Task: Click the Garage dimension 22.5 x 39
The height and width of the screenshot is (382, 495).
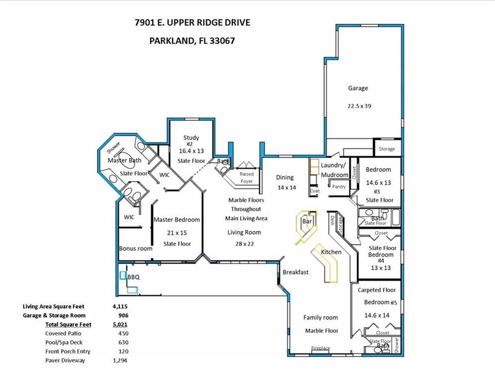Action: point(359,106)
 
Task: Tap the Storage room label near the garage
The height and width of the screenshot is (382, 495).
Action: point(387,149)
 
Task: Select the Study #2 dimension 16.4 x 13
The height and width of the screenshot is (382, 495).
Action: point(192,151)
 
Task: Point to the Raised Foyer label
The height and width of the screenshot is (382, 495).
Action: point(247,178)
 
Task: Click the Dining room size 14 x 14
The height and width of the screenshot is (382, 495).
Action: point(287,188)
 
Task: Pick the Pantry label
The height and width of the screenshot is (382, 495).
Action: point(339,187)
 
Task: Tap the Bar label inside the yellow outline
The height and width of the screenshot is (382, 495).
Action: point(307,221)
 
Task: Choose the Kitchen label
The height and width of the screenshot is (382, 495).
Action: point(331,252)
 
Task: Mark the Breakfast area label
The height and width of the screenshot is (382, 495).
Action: point(296,272)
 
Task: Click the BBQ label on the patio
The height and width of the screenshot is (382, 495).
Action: point(133,277)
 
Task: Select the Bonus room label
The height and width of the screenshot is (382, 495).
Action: point(136,249)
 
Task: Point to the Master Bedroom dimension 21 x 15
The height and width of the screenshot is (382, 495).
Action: point(177,233)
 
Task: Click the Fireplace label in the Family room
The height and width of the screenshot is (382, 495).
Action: point(320,348)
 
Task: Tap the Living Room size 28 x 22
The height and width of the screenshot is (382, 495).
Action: point(244,244)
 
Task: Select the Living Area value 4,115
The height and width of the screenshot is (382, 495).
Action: point(120,306)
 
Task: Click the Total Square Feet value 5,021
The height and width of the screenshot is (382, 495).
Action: point(120,324)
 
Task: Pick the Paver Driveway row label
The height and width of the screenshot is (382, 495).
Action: point(65,361)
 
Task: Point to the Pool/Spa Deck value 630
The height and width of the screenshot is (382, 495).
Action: point(123,343)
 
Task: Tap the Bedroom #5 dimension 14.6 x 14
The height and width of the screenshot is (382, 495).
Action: point(377,315)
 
